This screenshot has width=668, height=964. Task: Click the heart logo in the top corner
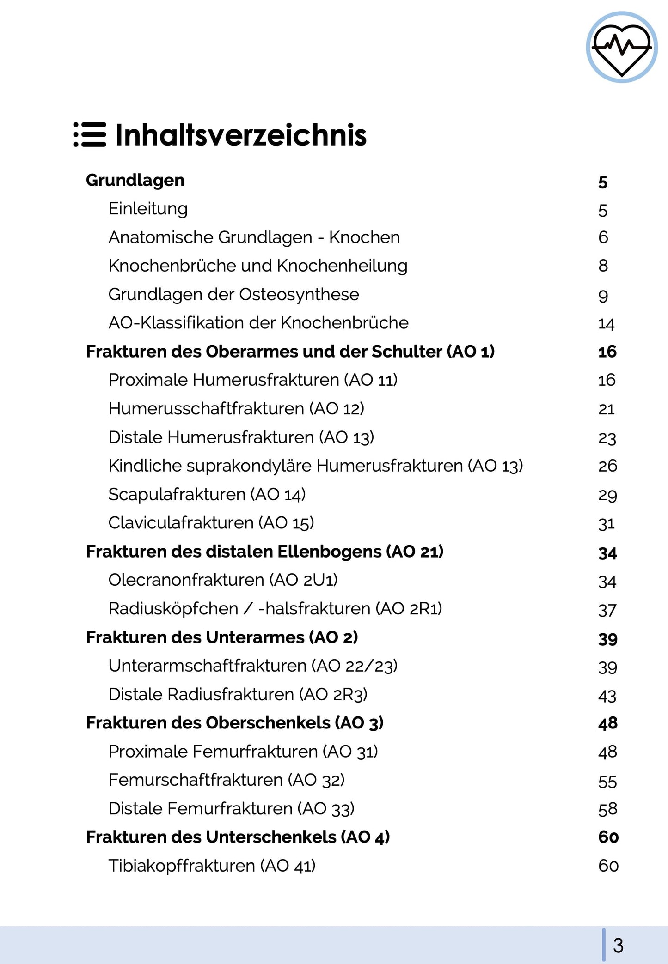click(x=621, y=47)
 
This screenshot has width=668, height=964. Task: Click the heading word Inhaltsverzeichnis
click(x=240, y=135)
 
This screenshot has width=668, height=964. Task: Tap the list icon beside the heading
click(x=90, y=134)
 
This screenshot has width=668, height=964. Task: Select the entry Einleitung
click(x=148, y=209)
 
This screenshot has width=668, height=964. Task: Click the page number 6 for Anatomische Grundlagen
click(x=603, y=237)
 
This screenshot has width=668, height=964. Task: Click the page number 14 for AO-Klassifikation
click(x=606, y=324)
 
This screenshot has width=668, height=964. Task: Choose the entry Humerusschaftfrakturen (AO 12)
click(x=236, y=409)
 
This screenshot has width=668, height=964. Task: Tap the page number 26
click(x=607, y=466)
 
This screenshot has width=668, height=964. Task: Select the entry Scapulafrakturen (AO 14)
click(x=207, y=495)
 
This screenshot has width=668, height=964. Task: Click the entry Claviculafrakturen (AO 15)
click(x=211, y=523)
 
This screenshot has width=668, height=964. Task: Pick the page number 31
click(x=606, y=524)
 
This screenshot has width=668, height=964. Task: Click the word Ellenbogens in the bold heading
click(x=329, y=552)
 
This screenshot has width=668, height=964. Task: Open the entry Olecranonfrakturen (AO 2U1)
click(x=223, y=580)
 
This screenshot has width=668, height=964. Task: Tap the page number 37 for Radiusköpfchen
click(x=607, y=610)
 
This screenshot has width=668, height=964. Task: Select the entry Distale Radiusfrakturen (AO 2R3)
click(x=238, y=695)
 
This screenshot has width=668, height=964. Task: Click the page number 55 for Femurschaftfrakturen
click(x=607, y=782)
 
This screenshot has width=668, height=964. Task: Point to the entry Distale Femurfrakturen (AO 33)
click(x=231, y=809)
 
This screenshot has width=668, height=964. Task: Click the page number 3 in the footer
click(x=618, y=945)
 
